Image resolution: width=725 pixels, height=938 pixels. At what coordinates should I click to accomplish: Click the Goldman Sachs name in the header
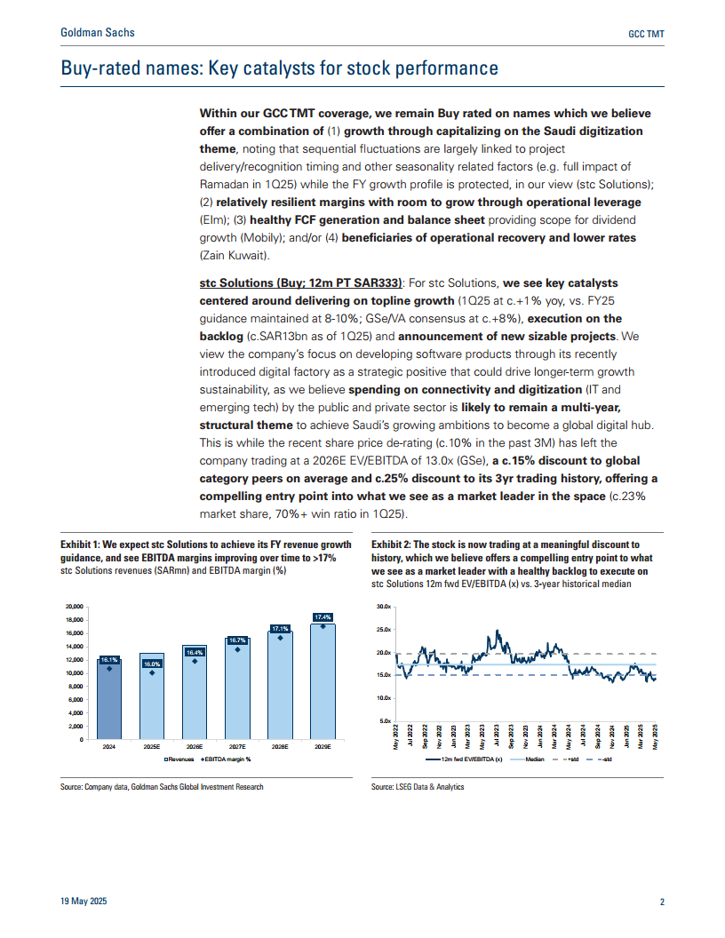(x=97, y=33)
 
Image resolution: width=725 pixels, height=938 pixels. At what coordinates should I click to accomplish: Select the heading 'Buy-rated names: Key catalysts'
(x=279, y=68)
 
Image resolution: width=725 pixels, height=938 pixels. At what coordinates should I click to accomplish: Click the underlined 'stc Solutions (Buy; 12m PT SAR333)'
(x=300, y=282)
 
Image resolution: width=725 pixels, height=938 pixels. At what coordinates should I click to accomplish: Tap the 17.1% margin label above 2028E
(x=280, y=629)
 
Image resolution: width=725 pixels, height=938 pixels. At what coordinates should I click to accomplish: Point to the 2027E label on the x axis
(x=236, y=748)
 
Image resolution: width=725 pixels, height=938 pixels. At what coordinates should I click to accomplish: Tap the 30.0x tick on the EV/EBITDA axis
(x=384, y=607)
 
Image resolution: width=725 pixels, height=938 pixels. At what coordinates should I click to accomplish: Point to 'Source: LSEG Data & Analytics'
(x=417, y=787)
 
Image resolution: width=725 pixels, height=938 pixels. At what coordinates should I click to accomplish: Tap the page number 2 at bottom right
(x=662, y=902)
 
